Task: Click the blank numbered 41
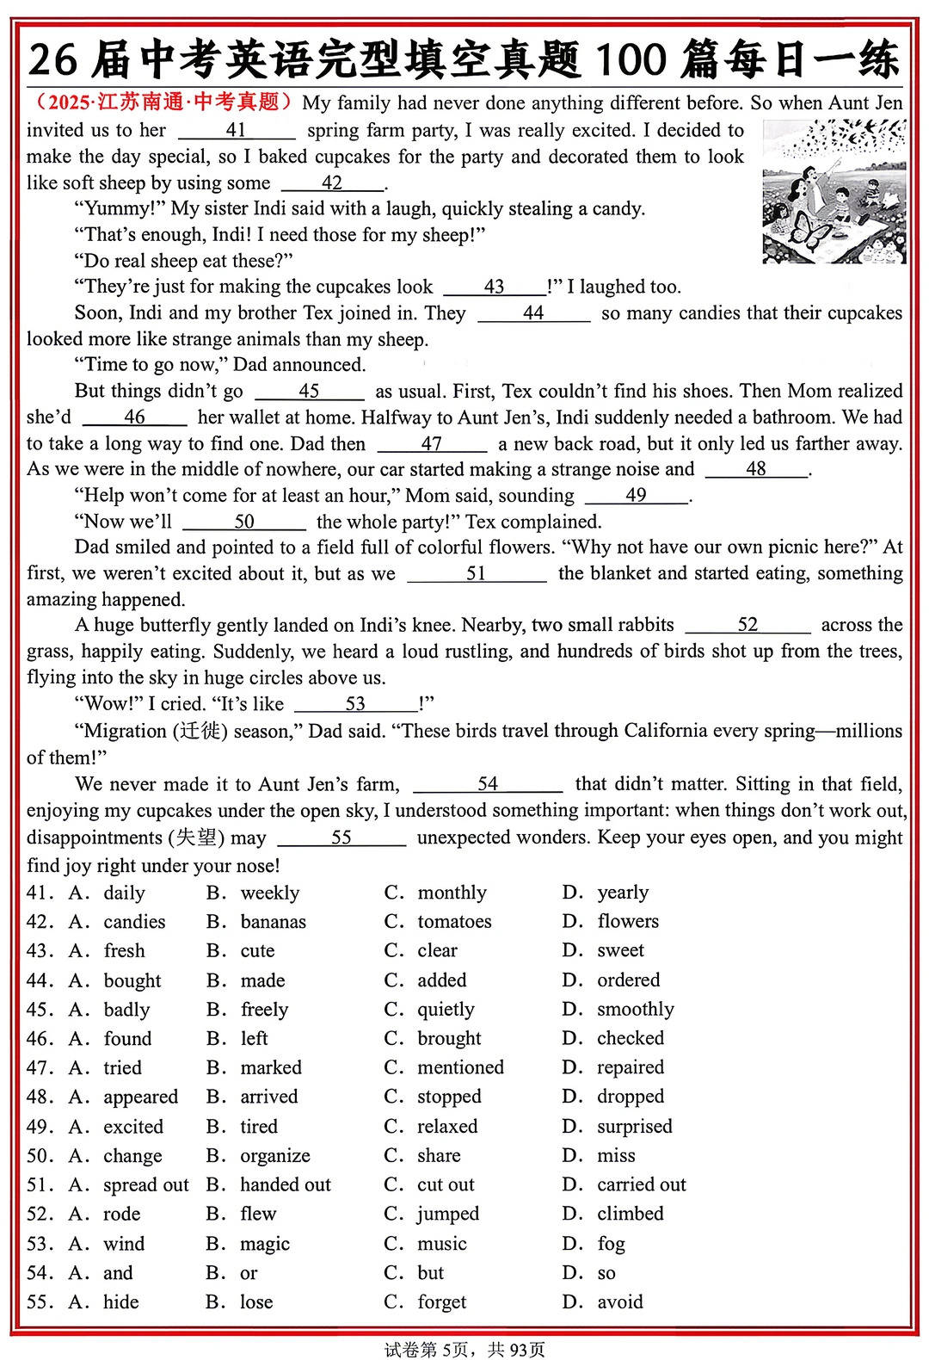(x=237, y=131)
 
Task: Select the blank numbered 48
(x=756, y=470)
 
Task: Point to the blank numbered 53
(x=355, y=705)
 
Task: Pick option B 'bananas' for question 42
(x=273, y=922)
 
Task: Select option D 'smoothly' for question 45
(x=635, y=1010)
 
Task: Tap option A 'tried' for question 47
(x=122, y=1068)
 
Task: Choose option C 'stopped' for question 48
(x=449, y=1097)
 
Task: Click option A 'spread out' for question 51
(x=145, y=1185)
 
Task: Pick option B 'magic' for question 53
(x=265, y=1244)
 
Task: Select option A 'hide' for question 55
(x=120, y=1302)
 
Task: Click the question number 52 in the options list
(x=39, y=1215)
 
